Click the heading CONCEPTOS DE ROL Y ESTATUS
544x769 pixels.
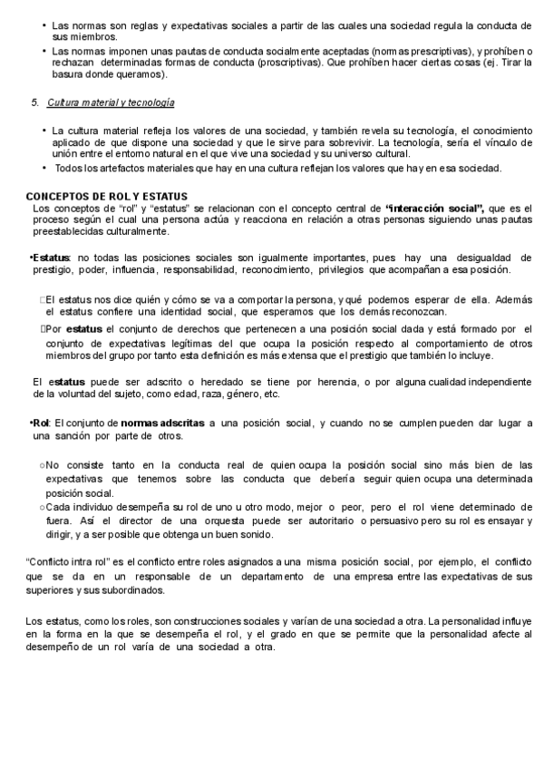pos(106,196)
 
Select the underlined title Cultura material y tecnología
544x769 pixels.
pos(111,102)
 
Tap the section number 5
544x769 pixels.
pos(34,102)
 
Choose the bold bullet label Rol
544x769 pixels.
pos(41,423)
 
